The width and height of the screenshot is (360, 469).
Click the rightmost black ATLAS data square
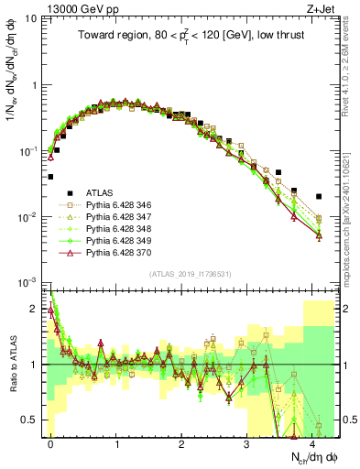(x=318, y=196)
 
